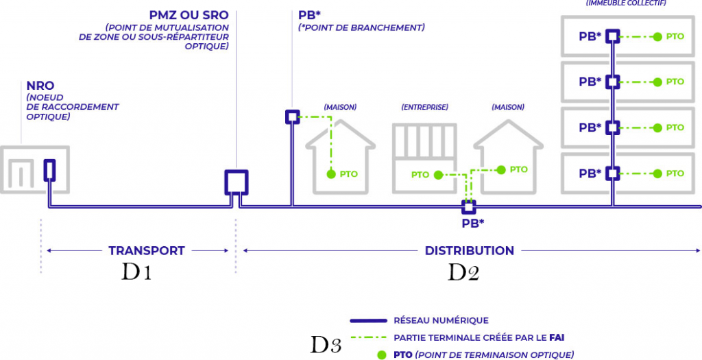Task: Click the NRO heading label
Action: [40, 86]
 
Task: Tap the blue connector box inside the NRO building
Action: [49, 170]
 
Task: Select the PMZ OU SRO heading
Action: [189, 15]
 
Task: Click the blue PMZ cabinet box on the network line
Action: [237, 182]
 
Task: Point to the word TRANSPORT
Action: [147, 251]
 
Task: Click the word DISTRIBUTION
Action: [469, 251]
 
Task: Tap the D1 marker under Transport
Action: [136, 272]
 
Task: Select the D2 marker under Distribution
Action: [463, 272]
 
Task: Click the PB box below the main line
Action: [469, 206]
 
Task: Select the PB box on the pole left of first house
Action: [292, 117]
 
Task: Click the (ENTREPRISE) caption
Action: [425, 107]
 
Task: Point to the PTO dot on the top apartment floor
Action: [657, 36]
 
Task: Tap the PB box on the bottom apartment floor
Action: [612, 173]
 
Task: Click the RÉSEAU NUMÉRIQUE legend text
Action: [441, 320]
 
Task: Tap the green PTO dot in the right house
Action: [501, 169]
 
